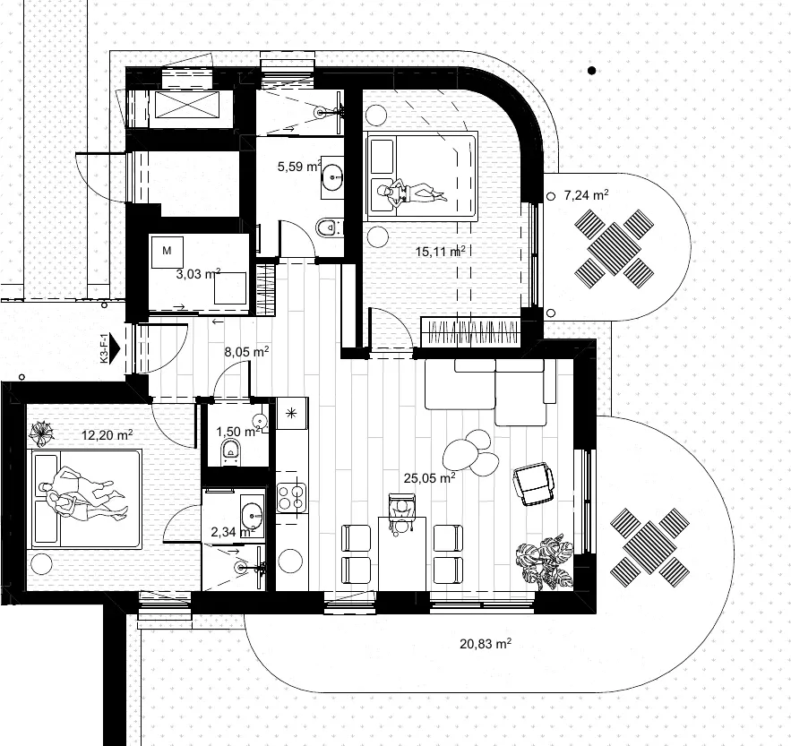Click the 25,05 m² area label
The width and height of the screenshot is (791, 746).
[430, 477]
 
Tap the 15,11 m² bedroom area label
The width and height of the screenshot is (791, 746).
[440, 251]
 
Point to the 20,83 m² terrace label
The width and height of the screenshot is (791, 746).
[486, 644]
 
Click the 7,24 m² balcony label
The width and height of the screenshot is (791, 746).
[586, 194]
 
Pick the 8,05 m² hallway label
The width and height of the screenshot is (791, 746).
[246, 352]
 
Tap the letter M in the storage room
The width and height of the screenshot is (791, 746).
[167, 250]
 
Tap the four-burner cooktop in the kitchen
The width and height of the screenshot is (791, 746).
[291, 497]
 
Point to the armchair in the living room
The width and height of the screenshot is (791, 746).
[533, 484]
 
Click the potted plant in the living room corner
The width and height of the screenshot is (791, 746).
[546, 562]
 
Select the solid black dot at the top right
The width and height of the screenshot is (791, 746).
[592, 71]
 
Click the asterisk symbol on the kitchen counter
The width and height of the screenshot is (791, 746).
[291, 414]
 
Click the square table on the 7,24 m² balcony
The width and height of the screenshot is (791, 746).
[614, 249]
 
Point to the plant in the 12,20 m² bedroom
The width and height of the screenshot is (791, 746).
[41, 433]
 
